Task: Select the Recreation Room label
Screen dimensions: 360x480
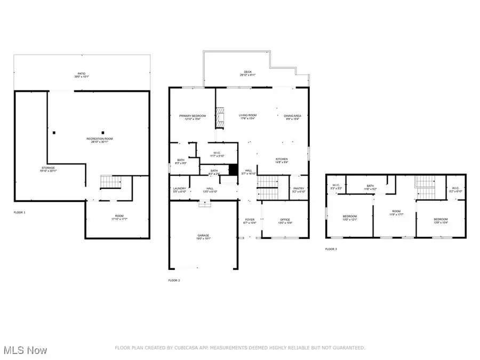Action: tap(100, 140)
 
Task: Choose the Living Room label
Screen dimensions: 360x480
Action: tap(247, 117)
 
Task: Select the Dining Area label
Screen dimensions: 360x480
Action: tap(292, 117)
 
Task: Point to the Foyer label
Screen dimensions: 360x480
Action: tap(250, 220)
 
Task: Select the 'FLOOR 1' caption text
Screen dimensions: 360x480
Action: tap(19, 212)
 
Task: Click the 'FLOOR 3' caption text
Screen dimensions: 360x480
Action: tap(331, 249)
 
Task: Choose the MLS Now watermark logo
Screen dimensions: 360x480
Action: tap(25, 350)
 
